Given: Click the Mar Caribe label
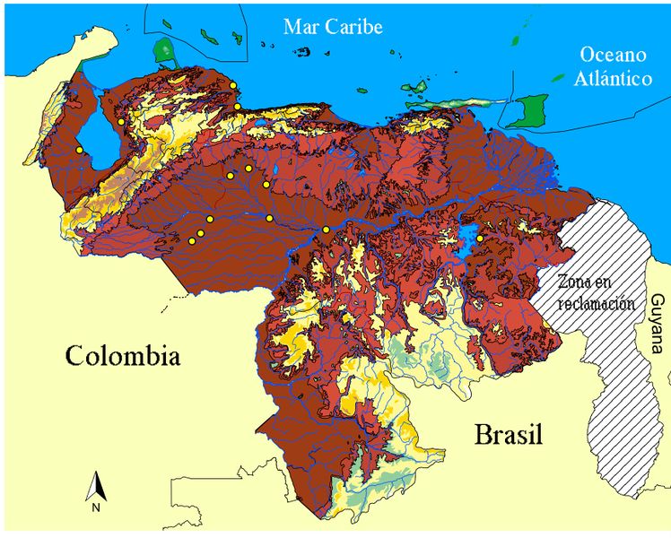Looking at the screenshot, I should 334,28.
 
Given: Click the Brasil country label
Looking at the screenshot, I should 509,436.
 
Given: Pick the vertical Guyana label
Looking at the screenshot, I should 658,324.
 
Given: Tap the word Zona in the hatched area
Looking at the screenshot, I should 575,279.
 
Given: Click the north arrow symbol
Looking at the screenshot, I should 96,485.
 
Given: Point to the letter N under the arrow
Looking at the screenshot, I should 96,508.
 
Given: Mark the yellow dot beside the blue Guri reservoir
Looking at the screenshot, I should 479,239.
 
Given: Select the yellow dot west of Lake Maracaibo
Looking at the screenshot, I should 80,149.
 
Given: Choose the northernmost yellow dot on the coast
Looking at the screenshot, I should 233,85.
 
